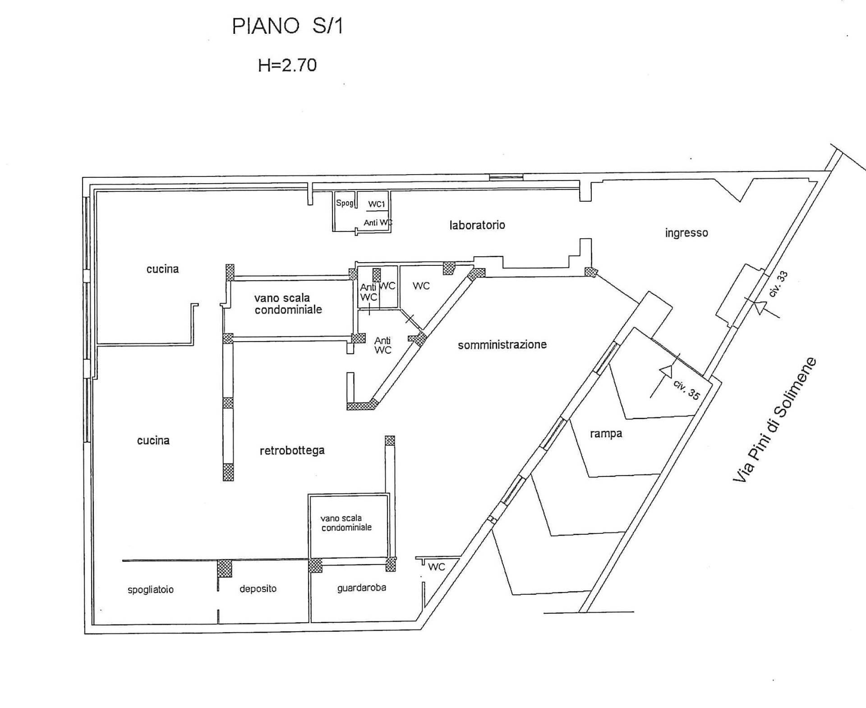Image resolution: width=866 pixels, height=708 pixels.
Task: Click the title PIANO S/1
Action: click(x=287, y=26)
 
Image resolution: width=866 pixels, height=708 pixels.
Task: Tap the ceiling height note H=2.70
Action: click(x=287, y=65)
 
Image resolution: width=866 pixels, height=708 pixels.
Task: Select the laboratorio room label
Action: click(x=477, y=225)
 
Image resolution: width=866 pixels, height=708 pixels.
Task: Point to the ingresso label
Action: click(x=686, y=233)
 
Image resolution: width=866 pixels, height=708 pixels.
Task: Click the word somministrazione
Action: click(x=502, y=345)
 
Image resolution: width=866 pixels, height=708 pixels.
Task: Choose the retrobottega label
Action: click(x=292, y=450)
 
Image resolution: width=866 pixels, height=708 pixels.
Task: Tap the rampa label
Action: click(x=606, y=434)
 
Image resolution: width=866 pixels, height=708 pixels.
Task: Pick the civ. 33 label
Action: click(x=778, y=284)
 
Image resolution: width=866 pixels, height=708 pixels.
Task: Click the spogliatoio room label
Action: click(x=151, y=590)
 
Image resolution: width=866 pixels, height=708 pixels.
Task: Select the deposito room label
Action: click(x=258, y=588)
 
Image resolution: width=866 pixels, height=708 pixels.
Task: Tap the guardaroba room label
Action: click(x=362, y=588)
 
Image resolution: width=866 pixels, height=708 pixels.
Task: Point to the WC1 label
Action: click(x=377, y=204)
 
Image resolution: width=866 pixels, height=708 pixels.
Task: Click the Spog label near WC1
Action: click(x=345, y=203)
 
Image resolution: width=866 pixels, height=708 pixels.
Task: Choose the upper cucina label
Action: click(x=162, y=269)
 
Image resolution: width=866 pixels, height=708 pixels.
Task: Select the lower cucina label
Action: click(x=153, y=440)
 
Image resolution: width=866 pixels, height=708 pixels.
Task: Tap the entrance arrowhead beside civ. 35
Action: click(x=666, y=371)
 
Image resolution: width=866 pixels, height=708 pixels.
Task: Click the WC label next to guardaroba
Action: click(x=437, y=567)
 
